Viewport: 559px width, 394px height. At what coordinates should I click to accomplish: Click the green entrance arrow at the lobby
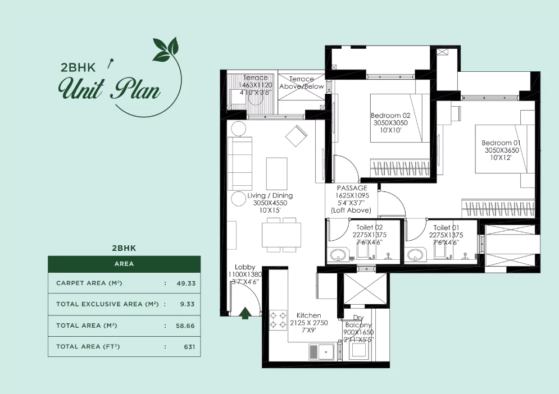(x=245, y=313)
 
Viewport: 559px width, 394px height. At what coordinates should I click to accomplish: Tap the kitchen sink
(x=321, y=352)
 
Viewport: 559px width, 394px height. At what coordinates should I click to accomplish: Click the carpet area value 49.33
(x=186, y=283)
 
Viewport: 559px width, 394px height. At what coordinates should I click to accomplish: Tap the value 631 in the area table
(x=189, y=347)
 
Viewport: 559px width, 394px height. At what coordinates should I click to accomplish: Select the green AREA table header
(x=124, y=263)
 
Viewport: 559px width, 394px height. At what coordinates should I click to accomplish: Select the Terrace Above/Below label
(x=302, y=83)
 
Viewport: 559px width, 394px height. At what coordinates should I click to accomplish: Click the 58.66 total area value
(x=186, y=326)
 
